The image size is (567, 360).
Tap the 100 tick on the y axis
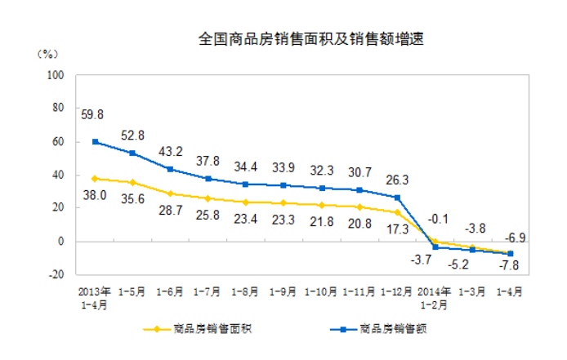point(56,74)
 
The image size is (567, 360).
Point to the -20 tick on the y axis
point(56,274)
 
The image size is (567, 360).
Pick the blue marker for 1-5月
point(132,153)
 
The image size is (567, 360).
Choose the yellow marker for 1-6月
point(170,193)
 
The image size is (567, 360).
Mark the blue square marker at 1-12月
point(398,198)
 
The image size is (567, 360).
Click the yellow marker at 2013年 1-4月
point(96,178)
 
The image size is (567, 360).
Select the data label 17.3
point(398,231)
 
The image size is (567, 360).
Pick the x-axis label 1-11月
point(359,290)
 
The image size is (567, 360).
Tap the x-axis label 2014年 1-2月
point(435,296)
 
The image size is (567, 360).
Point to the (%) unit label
point(47,54)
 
